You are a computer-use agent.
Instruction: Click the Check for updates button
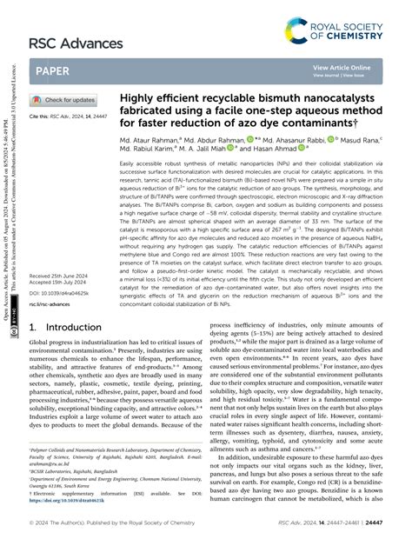[x=63, y=100]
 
